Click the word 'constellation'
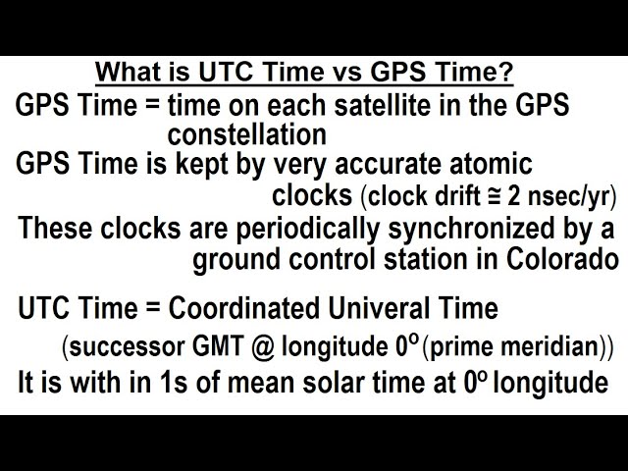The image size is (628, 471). [246, 134]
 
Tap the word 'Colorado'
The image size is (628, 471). [562, 259]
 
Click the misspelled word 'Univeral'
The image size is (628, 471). [380, 308]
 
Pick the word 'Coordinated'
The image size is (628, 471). [244, 308]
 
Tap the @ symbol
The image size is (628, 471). [263, 346]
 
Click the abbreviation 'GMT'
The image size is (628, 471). [218, 346]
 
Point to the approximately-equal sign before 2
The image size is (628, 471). [495, 197]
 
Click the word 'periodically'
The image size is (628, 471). [307, 230]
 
